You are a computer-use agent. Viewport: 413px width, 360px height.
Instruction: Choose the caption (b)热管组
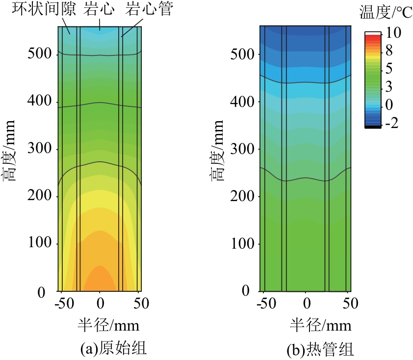click(321, 349)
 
